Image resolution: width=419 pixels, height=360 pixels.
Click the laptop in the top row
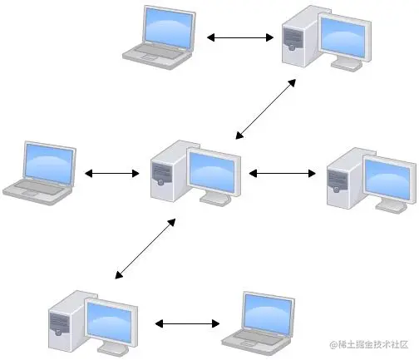coord(161,35)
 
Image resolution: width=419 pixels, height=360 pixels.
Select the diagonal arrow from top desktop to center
coord(266,107)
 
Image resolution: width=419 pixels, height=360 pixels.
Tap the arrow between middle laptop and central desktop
coord(111,174)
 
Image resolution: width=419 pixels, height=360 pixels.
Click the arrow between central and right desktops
coord(282,173)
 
